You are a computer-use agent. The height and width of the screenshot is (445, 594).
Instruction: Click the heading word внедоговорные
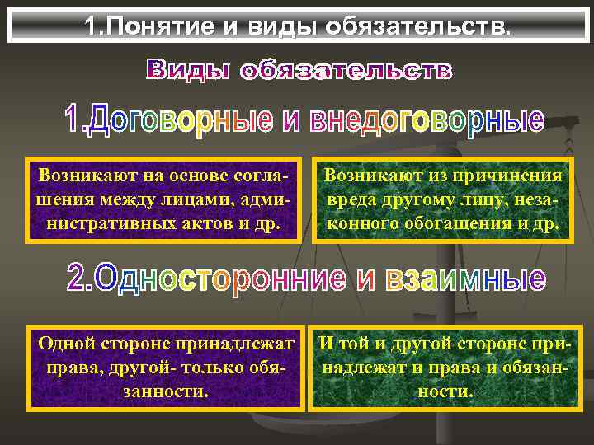click(x=427, y=121)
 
